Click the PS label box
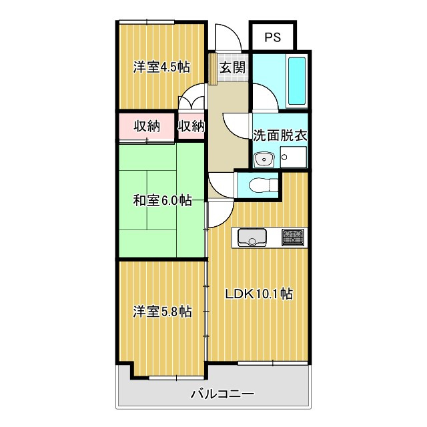[272, 37]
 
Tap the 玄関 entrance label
[233, 67]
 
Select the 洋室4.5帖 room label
[161, 67]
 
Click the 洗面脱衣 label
[280, 133]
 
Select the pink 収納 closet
[146, 126]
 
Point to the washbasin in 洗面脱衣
[264, 159]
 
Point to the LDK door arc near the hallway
[220, 216]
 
